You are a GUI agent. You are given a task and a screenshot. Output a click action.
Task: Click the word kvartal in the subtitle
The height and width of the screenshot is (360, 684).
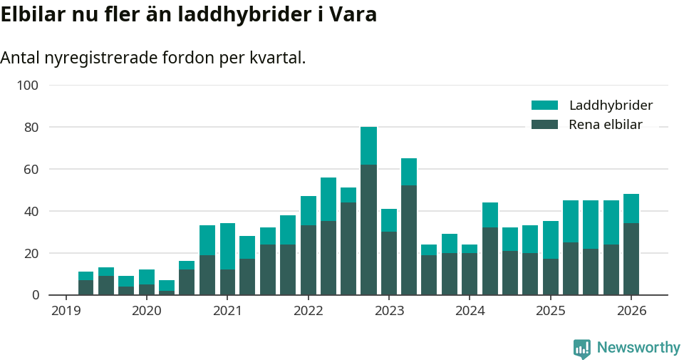(x=276, y=58)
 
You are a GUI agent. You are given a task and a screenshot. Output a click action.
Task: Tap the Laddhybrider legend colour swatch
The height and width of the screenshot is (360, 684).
(x=544, y=106)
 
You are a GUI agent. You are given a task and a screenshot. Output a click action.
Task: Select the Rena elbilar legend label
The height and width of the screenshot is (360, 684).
(x=606, y=125)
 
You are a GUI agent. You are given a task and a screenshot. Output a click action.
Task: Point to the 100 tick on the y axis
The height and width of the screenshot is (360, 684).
(x=28, y=86)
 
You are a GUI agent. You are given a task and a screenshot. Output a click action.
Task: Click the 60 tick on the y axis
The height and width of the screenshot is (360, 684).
(x=31, y=170)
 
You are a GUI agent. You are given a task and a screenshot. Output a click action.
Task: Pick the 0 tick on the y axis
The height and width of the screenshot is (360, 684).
(x=34, y=295)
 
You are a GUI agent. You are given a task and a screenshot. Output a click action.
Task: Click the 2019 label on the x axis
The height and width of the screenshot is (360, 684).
(x=66, y=311)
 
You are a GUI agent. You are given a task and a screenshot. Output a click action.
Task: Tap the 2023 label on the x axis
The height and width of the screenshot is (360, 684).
(x=389, y=311)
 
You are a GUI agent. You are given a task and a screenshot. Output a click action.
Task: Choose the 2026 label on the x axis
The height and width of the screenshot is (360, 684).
(x=631, y=311)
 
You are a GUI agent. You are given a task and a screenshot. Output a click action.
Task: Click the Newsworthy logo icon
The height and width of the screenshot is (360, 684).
(x=581, y=348)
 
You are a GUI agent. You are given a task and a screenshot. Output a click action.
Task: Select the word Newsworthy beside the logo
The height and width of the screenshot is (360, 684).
(x=638, y=348)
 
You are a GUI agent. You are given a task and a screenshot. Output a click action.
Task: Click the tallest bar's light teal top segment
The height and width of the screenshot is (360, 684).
(x=368, y=145)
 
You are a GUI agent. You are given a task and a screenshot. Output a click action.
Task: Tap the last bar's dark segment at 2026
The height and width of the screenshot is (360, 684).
(x=631, y=259)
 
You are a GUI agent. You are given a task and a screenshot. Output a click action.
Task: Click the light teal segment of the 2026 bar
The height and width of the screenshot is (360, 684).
(x=631, y=208)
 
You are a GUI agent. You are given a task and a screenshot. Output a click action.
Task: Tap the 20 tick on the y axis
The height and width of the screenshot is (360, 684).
(x=31, y=253)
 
